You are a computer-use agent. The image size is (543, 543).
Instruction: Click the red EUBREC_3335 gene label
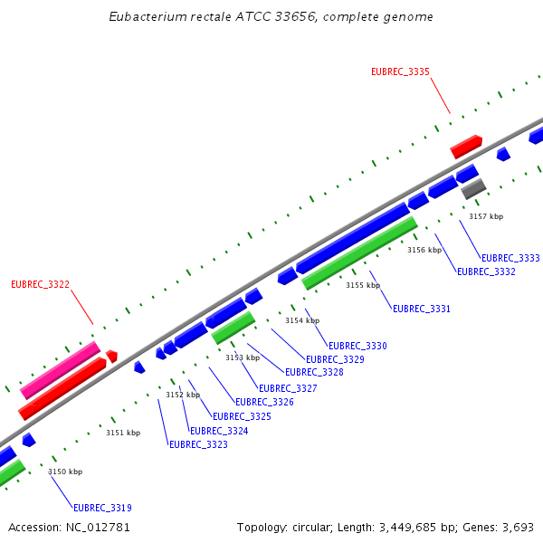point(400,71)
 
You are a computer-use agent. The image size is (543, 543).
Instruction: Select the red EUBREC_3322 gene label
point(40,284)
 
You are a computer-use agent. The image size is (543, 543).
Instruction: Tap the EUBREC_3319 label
point(102,508)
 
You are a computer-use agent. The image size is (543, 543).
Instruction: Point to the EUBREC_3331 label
point(421,309)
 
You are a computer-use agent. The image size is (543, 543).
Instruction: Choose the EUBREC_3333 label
point(510,258)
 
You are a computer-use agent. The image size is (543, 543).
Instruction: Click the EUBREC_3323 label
point(198,444)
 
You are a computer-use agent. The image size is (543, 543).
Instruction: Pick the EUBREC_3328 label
point(314,372)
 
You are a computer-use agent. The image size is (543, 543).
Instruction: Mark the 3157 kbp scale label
point(485,216)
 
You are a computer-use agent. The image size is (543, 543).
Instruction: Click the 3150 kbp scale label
point(65,472)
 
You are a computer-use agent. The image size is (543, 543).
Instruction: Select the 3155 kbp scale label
point(362,285)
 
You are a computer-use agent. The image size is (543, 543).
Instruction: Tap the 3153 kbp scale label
point(242,357)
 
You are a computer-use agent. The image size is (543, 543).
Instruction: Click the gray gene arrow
point(473,189)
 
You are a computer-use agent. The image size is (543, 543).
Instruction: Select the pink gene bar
point(61,369)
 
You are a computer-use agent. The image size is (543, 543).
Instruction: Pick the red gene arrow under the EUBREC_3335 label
point(466,147)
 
